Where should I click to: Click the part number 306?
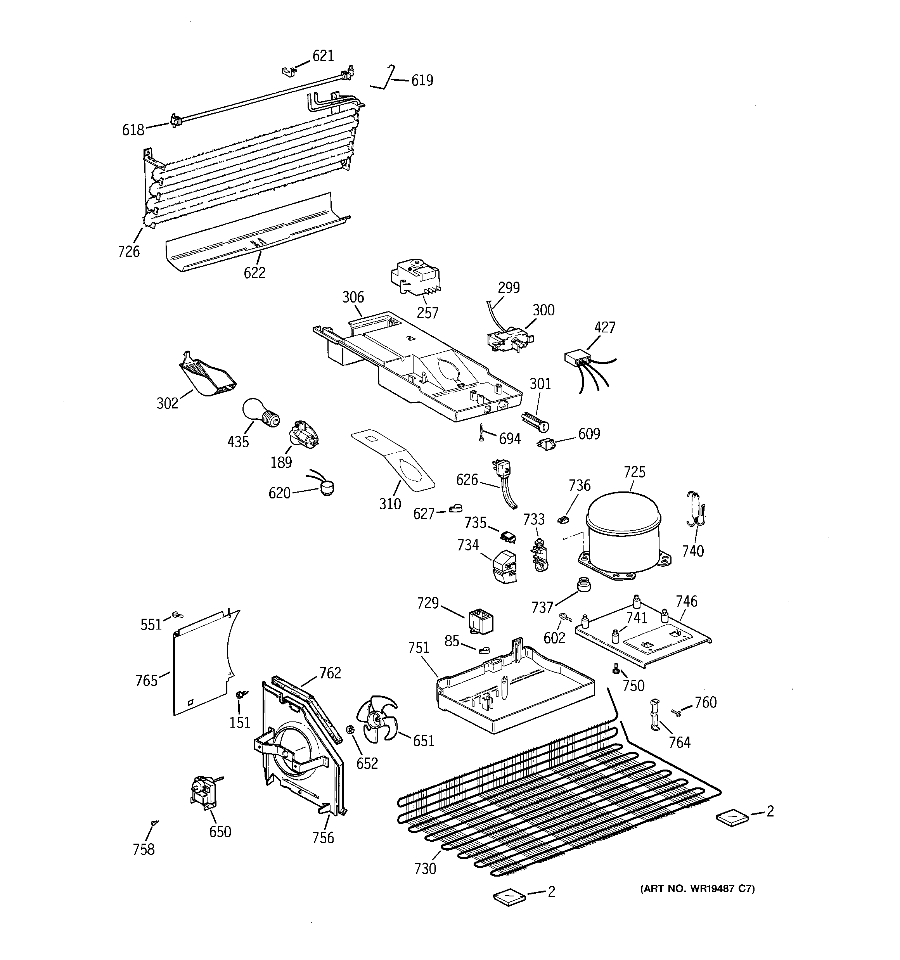point(353,297)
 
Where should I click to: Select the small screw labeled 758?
point(154,822)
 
